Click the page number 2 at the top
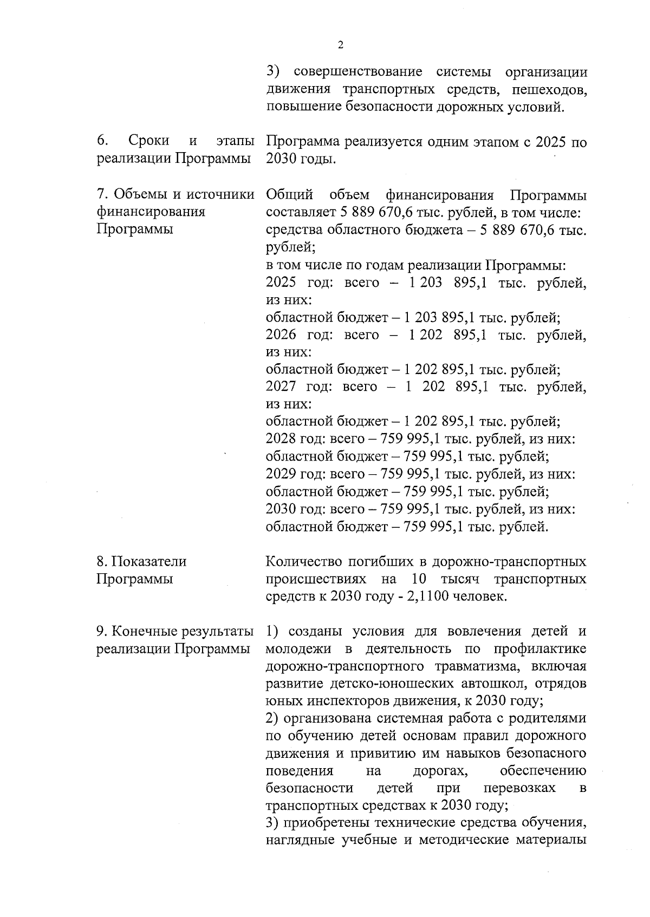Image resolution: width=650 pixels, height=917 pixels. pos(340,45)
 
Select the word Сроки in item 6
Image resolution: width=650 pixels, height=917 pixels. pos(149,141)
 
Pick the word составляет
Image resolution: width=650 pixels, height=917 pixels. pos(298,212)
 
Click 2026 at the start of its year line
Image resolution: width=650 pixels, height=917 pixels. pos(281,335)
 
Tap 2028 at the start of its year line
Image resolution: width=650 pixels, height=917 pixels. pos(281,439)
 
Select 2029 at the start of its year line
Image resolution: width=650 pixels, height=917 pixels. pos(281,474)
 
